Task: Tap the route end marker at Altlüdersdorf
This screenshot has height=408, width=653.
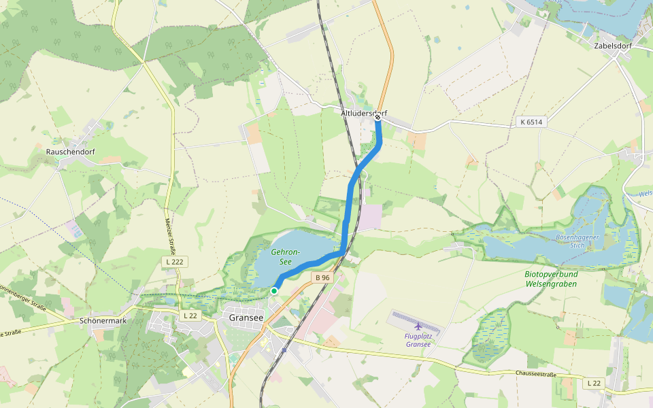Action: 378,118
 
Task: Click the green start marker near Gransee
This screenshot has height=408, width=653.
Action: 274,291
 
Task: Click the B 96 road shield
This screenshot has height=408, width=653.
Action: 322,277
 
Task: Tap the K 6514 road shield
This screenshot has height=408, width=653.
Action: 531,122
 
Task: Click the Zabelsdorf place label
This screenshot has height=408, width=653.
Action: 614,46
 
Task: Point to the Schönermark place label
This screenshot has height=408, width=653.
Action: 103,320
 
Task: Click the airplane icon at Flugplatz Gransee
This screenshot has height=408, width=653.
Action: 418,326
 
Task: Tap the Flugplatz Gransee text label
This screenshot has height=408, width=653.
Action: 418,340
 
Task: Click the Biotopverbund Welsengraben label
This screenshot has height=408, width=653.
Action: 551,278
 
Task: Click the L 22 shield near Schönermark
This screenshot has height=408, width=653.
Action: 190,316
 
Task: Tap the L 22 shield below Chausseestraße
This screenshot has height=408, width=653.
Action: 593,384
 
